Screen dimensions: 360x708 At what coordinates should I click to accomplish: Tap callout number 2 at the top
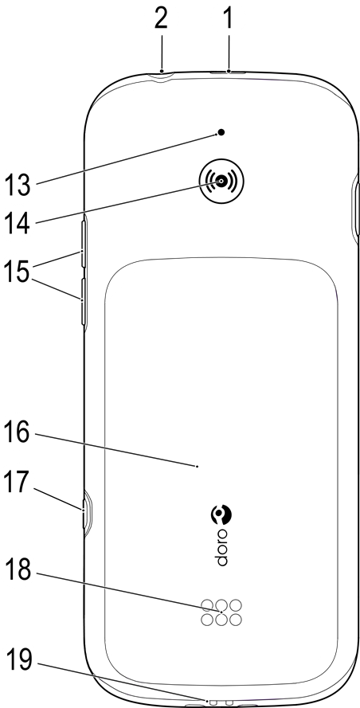(160, 19)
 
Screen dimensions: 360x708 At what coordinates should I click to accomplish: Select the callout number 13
(18, 185)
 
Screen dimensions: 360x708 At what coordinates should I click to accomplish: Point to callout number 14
(18, 222)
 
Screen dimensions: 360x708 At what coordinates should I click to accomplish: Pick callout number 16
(18, 433)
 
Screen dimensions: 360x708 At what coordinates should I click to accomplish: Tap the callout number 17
(18, 483)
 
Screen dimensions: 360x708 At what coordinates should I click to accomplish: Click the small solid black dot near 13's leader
(221, 132)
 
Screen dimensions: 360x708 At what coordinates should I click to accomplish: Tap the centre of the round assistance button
(221, 181)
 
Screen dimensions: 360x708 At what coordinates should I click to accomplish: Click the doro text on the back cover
(221, 546)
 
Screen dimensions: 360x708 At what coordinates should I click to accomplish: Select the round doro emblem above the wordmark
(221, 514)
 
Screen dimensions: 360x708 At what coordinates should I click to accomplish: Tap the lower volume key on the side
(84, 302)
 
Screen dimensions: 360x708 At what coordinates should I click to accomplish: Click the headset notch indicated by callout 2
(162, 75)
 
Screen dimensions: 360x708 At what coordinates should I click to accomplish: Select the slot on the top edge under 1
(229, 72)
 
